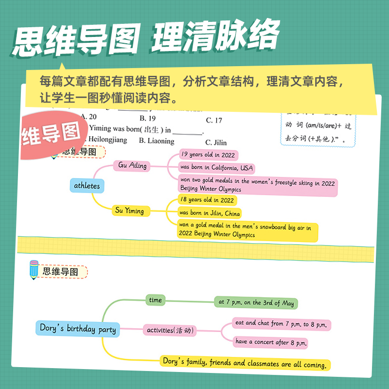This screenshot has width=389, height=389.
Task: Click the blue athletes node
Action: [x=87, y=186]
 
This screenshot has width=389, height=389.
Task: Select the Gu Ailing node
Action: [x=132, y=165]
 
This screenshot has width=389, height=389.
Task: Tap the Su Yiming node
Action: [x=129, y=211]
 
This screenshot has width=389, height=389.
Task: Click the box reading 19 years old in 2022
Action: [x=208, y=155]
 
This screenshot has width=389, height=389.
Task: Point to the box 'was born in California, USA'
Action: [x=216, y=168]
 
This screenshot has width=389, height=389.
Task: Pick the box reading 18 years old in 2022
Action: [x=207, y=200]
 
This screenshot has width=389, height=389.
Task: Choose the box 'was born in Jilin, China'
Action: [x=210, y=213]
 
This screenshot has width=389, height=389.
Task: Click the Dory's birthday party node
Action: [x=77, y=329]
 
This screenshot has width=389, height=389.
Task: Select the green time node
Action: [x=156, y=301]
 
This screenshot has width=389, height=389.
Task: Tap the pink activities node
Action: [x=171, y=331]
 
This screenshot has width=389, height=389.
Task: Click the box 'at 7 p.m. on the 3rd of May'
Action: [x=256, y=302]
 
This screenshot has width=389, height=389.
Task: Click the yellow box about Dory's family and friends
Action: [x=246, y=362]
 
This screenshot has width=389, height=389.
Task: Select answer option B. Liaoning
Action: [x=157, y=141]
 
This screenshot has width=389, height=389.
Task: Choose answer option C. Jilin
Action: [x=215, y=142]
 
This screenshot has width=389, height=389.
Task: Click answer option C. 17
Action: [x=214, y=120]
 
